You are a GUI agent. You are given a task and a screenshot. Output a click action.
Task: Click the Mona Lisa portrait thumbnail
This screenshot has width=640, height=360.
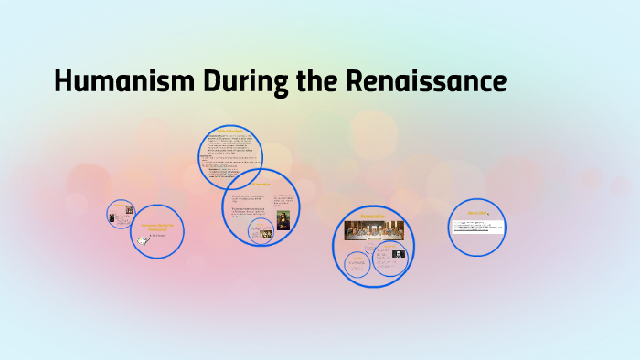[x=283, y=220]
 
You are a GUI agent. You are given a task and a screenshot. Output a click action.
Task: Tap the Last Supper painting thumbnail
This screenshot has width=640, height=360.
[x=373, y=228]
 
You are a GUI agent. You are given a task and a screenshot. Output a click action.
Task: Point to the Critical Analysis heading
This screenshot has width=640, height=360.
[x=229, y=132]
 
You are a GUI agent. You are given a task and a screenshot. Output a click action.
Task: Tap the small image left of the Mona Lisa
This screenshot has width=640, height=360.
[x=265, y=234]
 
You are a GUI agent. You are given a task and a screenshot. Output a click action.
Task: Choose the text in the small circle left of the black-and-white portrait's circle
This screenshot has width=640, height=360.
[x=357, y=266]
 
